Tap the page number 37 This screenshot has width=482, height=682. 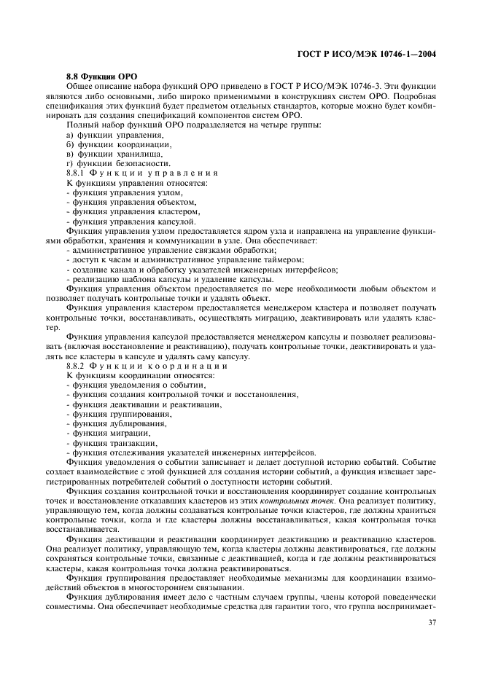(x=432, y=623)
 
